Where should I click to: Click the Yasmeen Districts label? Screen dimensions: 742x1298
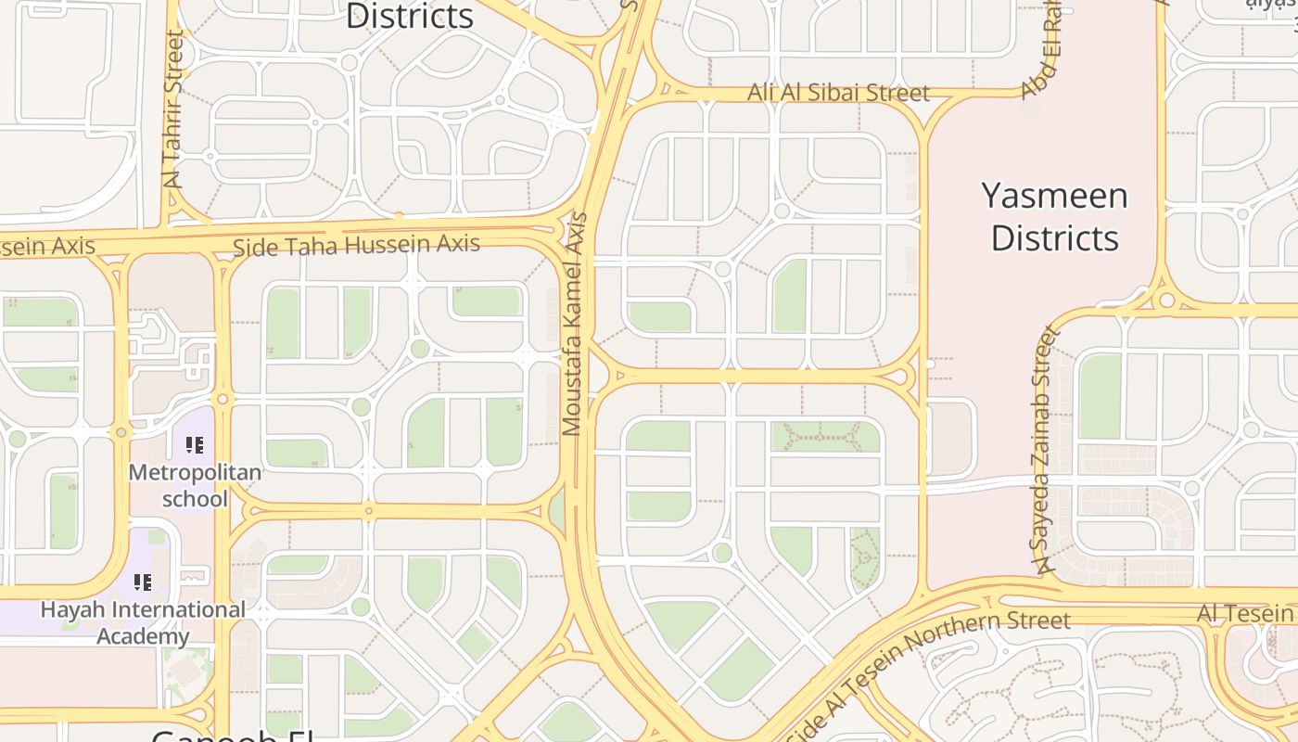(1055, 217)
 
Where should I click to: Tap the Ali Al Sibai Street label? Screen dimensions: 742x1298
(838, 93)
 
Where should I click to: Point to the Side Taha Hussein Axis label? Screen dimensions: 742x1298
(357, 246)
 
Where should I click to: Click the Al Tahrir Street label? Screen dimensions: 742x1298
(174, 109)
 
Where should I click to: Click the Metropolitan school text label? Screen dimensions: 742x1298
(195, 485)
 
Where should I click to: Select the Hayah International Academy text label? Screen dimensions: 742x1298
(143, 622)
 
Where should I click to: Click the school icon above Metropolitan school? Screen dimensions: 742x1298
(195, 445)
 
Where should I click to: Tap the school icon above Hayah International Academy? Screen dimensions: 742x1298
(143, 582)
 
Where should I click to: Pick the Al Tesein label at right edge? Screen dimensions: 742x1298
(1245, 613)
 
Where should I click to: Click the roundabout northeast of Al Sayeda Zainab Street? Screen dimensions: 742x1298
(1166, 300)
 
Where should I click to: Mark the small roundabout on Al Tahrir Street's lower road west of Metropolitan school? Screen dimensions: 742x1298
(121, 432)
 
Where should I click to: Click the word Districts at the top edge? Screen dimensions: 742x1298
(409, 16)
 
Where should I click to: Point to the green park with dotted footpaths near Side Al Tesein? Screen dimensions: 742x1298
(865, 556)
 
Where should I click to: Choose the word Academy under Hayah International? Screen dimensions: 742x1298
(143, 636)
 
